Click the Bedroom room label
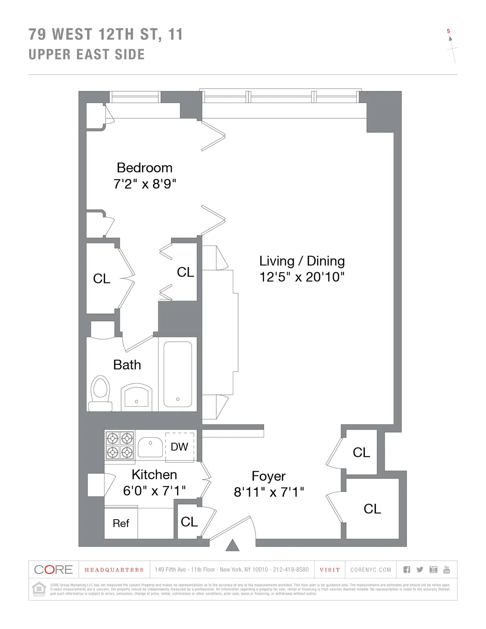coord(145,168)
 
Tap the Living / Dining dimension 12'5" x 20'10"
coord(302,277)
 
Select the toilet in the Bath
coord(100,393)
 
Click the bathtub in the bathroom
coord(177,374)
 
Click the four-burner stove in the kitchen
coord(120,445)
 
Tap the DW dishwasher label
coord(179,447)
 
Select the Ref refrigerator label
coord(121,523)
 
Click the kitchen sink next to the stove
coord(150,447)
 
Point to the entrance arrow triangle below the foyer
coord(232,546)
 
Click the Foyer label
coord(269,476)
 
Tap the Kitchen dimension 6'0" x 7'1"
coord(154,491)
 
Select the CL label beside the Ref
coord(189,522)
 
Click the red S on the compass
coord(448,31)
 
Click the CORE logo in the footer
coord(53,569)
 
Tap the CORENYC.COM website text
coord(371,570)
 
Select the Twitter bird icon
coord(420,569)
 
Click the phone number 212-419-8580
coord(290,570)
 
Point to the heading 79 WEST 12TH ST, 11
coord(106,34)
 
